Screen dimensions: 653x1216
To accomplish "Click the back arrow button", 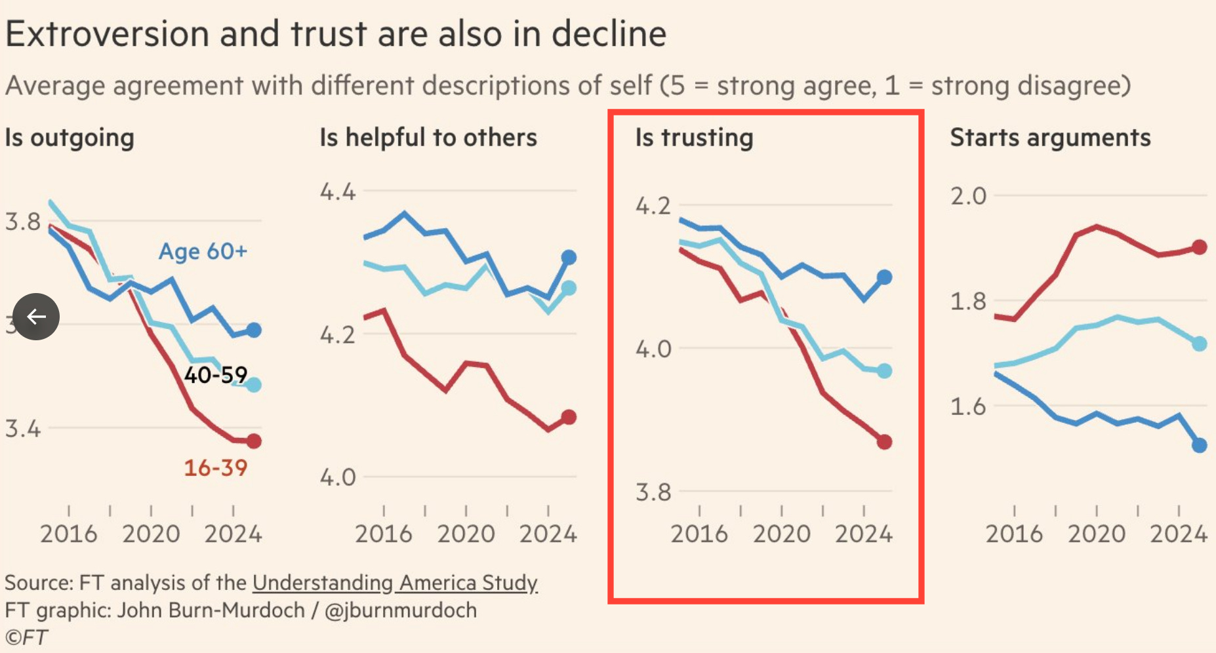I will pos(36,317).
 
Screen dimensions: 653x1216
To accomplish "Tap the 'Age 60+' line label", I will pos(203,251).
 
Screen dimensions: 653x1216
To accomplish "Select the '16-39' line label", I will pos(215,467).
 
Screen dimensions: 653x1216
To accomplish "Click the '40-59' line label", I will pos(215,374).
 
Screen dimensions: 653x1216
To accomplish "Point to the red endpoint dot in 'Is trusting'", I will pos(884,442).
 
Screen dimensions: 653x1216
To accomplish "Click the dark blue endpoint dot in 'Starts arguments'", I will pos(1199,446).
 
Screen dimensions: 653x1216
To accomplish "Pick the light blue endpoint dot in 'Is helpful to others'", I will pos(569,288).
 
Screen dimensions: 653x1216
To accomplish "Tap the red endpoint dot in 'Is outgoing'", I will pos(254,441).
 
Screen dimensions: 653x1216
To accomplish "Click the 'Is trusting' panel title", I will pos(694,138).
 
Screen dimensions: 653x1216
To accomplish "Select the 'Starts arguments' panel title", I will pos(1050,138).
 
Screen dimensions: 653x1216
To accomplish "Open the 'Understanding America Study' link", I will pos(395,582).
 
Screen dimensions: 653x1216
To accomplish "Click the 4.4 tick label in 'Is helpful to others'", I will pos(338,191).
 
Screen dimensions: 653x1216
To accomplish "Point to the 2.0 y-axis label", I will pos(968,195).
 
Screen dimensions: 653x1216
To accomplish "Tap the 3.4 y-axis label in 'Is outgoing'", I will pos(23,429).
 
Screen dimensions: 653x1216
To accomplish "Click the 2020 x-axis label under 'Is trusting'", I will pos(781,534).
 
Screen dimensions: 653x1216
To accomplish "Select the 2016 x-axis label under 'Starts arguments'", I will pos(1014,534).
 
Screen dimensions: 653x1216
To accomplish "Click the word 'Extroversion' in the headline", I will pos(106,34).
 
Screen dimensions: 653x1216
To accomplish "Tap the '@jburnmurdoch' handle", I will pos(400,610).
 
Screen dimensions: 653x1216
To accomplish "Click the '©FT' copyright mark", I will pos(26,637).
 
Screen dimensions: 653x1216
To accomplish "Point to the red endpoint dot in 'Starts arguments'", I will pos(1199,247).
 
